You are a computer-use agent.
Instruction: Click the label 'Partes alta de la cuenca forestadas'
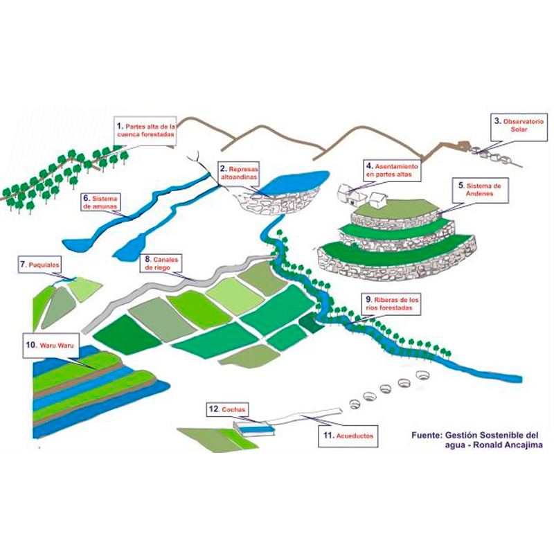point(145,130)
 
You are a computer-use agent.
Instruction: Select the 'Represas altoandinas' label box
point(239,173)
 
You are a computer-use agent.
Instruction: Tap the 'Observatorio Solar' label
point(519,127)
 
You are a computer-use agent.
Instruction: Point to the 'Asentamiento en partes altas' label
point(392,170)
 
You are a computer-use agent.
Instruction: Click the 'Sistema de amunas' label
point(100,203)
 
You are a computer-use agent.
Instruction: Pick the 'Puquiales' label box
point(39,265)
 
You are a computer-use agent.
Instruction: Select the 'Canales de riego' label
point(162,264)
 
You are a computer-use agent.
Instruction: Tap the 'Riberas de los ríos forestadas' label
point(392,304)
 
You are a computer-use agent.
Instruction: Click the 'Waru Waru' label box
point(51,345)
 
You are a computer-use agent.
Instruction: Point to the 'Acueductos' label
point(348,436)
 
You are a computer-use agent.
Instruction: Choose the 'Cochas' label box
point(227,410)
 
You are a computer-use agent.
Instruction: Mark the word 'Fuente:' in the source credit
point(427,436)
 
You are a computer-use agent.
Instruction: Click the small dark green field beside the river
point(311,322)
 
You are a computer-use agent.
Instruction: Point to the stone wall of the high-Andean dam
point(279,203)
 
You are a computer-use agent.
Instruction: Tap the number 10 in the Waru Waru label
point(31,344)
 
